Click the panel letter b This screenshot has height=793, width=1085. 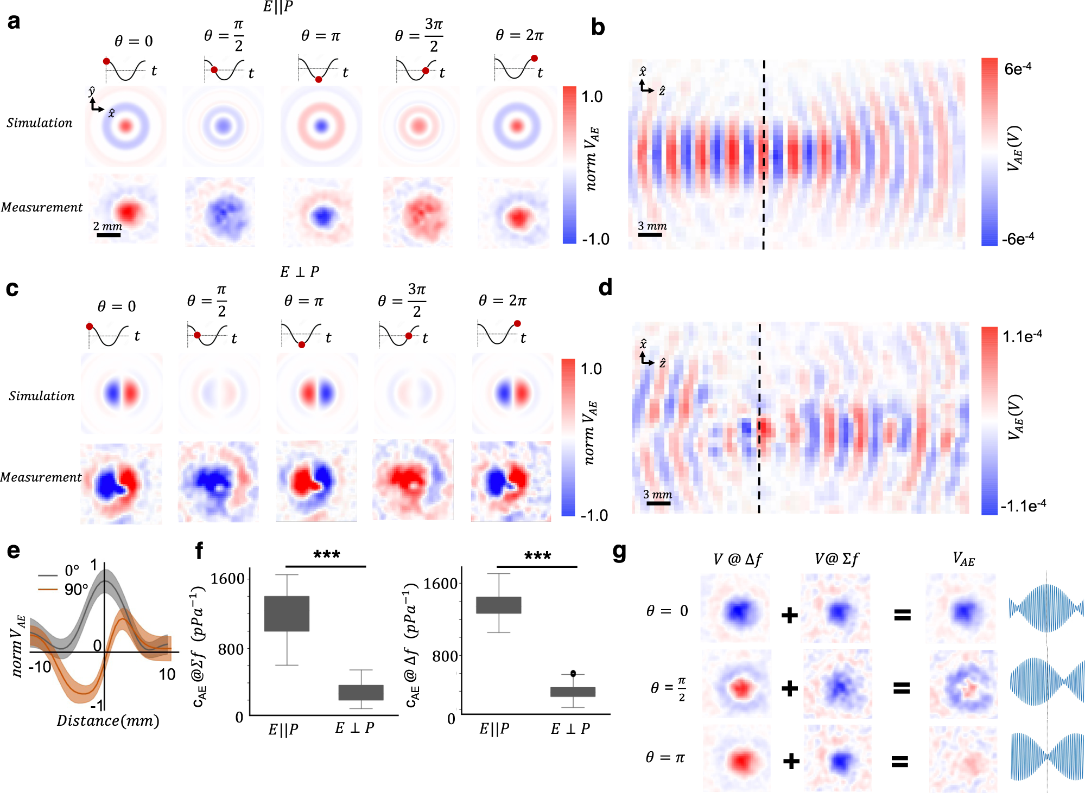coord(598,27)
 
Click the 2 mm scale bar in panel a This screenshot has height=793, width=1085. coord(109,235)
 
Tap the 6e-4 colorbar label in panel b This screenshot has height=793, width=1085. coord(1018,69)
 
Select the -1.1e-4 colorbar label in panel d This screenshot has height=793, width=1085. coord(1023,506)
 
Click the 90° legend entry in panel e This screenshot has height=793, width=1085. coord(75,590)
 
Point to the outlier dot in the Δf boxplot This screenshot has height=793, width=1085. coord(573,673)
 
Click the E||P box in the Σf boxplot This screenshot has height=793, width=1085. coord(287,613)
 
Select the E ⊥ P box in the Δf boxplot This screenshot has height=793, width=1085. coord(573,692)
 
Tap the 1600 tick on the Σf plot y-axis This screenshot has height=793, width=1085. coord(227,579)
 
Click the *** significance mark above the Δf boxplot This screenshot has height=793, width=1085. coord(537,556)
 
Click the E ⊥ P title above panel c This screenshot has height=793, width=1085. coord(300,272)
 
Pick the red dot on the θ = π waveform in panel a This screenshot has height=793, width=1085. coord(319,79)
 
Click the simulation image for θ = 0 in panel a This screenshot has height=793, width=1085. coord(126,126)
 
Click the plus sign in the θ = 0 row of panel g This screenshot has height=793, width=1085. coord(790,615)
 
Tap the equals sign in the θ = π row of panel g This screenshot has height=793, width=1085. coord(900,762)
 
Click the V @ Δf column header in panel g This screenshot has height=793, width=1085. coord(738,559)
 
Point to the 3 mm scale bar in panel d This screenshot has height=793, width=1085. coord(658,503)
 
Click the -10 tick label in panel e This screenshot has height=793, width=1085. coord(40,667)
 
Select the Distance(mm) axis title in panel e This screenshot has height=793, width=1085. coord(108,721)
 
